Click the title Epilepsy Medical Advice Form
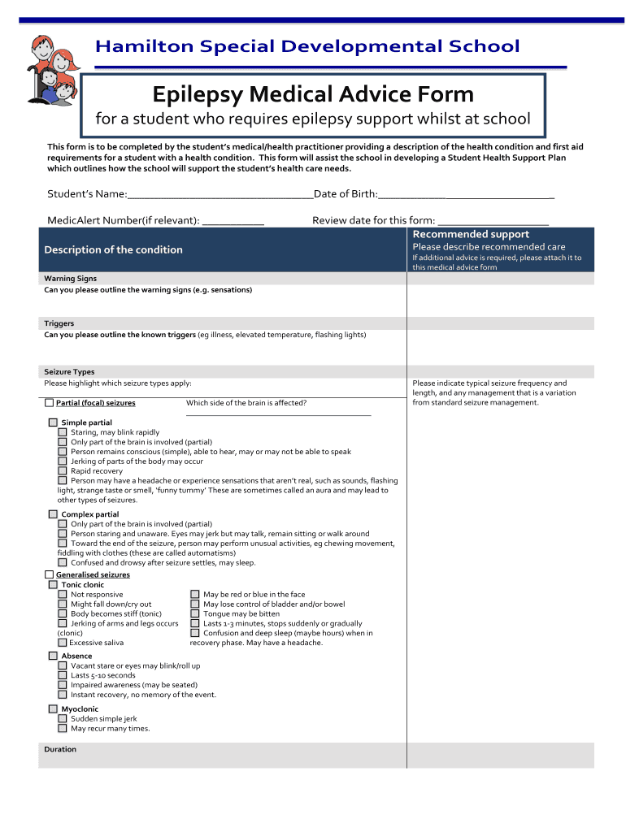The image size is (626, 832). click(x=313, y=95)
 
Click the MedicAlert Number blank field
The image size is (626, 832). click(x=233, y=222)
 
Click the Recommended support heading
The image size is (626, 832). click(x=471, y=234)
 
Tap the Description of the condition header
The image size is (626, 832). click(x=113, y=249)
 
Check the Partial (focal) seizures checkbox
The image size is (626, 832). click(x=50, y=403)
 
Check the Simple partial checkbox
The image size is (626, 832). click(x=54, y=422)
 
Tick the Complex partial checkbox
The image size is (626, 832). click(x=54, y=514)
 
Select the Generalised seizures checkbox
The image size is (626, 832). click(x=50, y=575)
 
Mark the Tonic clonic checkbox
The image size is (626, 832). click(x=54, y=585)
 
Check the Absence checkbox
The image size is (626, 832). click(x=54, y=656)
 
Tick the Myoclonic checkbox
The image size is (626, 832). click(x=54, y=709)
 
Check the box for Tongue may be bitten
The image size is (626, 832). click(x=195, y=614)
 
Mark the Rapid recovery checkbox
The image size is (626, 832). click(x=63, y=471)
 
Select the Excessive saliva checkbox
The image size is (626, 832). click(x=63, y=643)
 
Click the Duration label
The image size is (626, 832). click(x=60, y=749)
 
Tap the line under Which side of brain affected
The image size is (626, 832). click(x=278, y=415)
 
